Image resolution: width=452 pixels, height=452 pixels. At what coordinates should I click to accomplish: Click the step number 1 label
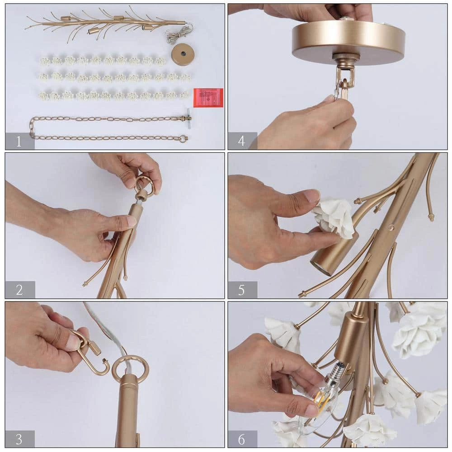pyautogui.click(x=19, y=141)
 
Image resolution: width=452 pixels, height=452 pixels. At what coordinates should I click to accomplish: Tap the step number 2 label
pyautogui.click(x=19, y=290)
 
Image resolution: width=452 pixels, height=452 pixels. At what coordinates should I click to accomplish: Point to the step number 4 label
pyautogui.click(x=241, y=141)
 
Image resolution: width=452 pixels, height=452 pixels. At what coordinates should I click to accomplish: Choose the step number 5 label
pyautogui.click(x=241, y=290)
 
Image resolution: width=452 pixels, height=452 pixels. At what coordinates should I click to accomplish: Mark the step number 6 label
pyautogui.click(x=241, y=439)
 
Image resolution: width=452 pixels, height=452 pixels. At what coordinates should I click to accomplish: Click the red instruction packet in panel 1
pyautogui.click(x=208, y=98)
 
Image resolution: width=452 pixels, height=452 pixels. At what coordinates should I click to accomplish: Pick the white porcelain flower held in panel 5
pyautogui.click(x=334, y=216)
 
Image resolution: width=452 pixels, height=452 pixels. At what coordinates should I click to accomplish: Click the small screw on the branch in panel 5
pyautogui.click(x=391, y=228)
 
